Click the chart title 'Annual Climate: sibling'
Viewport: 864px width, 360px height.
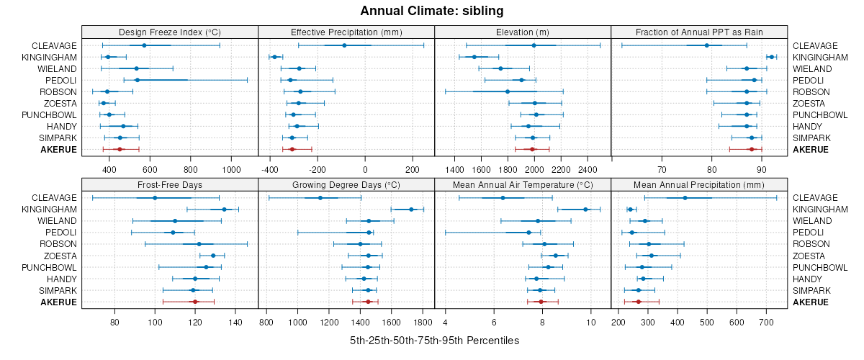(x=432, y=11)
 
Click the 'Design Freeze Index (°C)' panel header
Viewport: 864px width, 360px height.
(x=169, y=32)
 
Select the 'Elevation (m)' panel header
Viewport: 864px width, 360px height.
(x=523, y=32)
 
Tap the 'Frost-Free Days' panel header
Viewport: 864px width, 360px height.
(x=169, y=184)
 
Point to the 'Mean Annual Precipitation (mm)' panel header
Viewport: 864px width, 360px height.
(x=699, y=184)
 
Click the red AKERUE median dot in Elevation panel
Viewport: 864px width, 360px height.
(x=533, y=149)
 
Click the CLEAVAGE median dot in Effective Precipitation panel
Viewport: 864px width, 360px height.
(x=344, y=45)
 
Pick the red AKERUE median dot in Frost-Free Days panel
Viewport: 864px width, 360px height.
(x=195, y=302)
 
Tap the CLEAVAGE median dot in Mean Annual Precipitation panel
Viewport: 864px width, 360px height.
(x=685, y=198)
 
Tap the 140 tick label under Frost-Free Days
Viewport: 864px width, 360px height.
(x=235, y=322)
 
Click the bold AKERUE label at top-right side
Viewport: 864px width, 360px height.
(x=811, y=150)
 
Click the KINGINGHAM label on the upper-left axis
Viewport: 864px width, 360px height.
(x=50, y=57)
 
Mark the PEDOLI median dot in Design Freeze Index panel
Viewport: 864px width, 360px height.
(x=137, y=80)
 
